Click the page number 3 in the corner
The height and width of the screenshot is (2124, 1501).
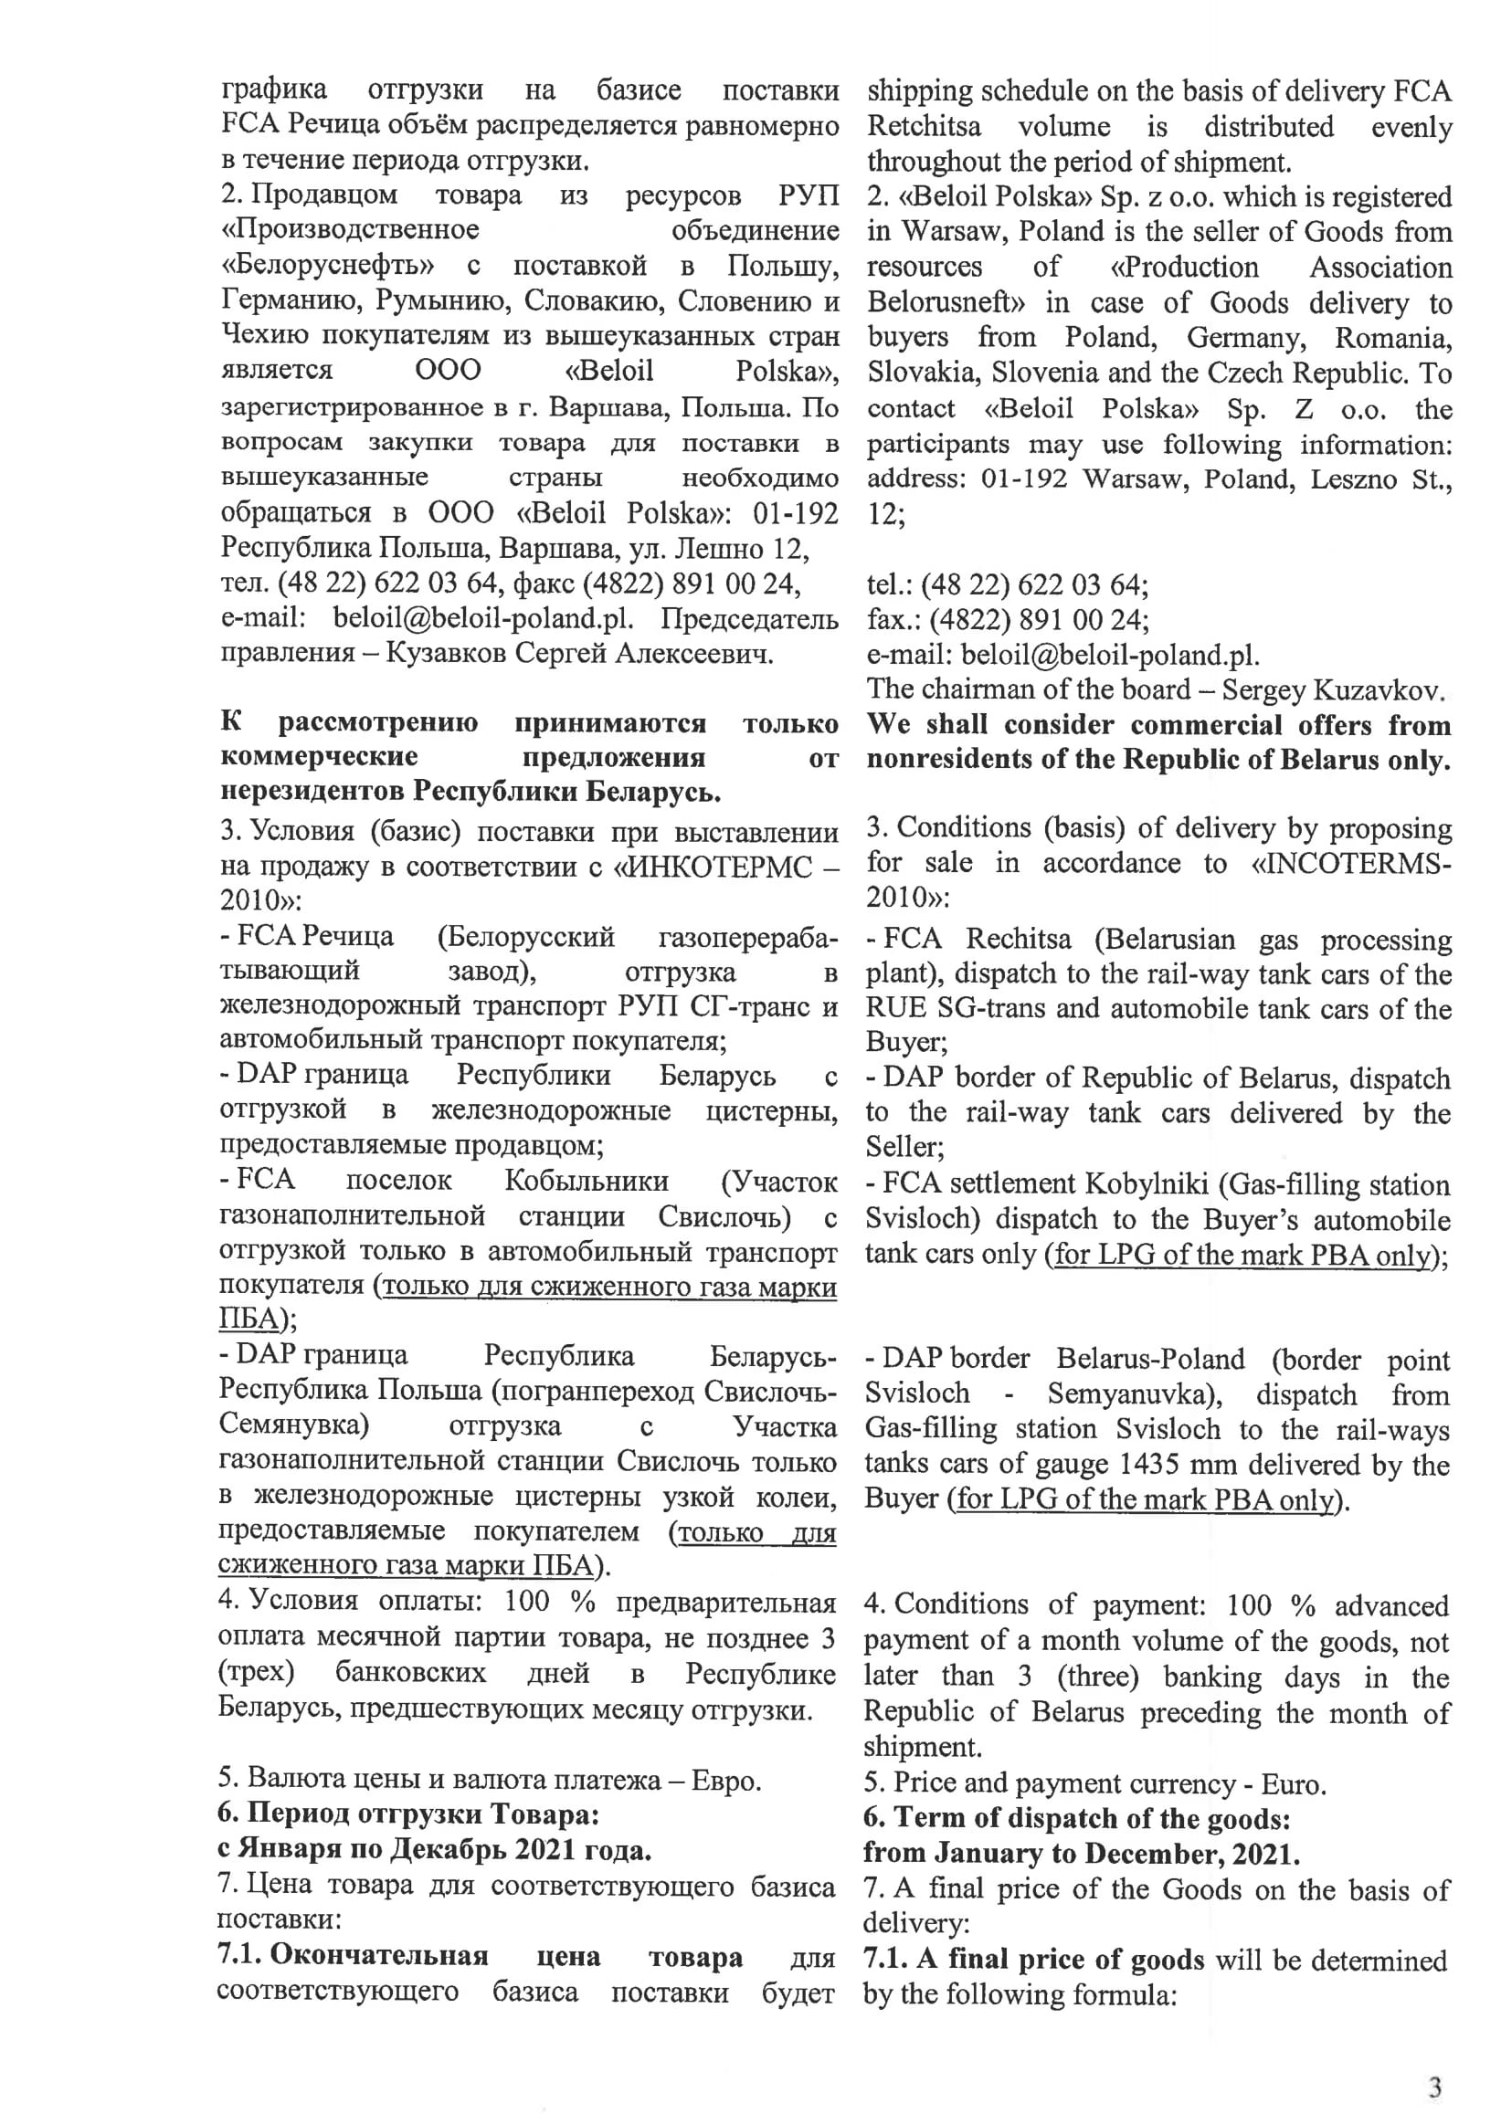click(1434, 2086)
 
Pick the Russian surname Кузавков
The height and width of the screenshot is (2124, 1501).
click(444, 654)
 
